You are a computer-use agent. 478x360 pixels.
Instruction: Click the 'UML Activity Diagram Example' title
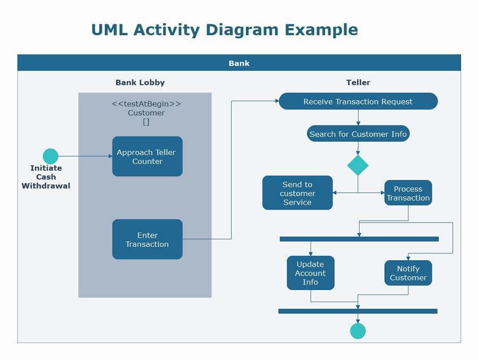225,30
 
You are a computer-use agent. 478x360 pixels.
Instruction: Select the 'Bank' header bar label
239,63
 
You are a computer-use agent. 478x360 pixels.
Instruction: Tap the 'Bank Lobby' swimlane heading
140,82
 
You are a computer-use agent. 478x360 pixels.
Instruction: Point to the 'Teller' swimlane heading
358,82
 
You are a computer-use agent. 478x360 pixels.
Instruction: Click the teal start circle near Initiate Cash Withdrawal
50,156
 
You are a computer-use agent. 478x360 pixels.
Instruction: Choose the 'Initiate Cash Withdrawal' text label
46,177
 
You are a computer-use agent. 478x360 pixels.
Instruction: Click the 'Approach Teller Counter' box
147,157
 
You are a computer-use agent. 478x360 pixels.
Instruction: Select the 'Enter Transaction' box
147,239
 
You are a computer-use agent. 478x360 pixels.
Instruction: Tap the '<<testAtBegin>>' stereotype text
146,104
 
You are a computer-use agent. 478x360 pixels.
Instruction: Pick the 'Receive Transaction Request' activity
358,101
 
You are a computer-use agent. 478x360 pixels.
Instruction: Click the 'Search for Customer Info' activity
358,134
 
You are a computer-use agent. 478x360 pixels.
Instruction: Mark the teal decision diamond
358,165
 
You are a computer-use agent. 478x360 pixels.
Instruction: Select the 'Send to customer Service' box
297,193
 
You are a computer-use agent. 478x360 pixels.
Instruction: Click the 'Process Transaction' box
408,193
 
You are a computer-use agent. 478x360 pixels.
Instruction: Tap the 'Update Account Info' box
310,273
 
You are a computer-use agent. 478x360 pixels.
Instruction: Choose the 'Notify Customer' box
408,273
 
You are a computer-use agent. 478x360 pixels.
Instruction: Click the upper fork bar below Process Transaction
359,239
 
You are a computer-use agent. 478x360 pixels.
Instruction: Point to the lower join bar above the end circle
357,311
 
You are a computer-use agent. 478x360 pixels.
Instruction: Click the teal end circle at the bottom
358,331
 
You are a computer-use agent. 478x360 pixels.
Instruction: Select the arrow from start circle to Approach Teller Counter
85,156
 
